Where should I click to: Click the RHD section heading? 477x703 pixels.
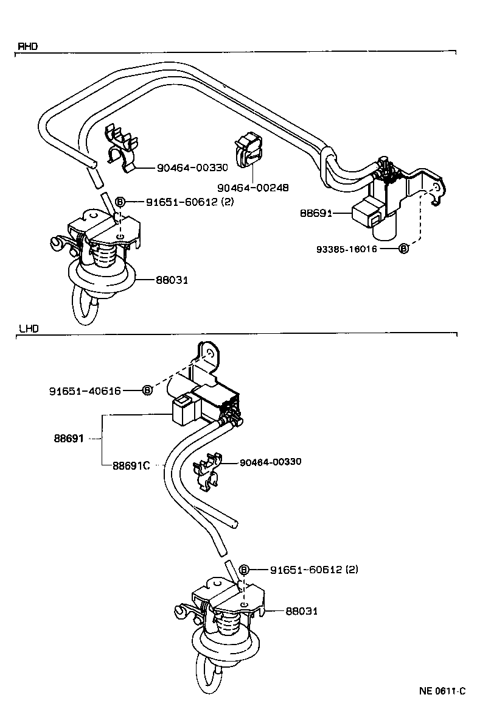(28, 46)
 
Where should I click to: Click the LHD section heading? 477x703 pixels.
(29, 328)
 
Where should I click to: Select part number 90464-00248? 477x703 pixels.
(252, 188)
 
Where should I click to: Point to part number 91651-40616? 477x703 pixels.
(86, 390)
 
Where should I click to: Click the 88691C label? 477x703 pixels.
(131, 466)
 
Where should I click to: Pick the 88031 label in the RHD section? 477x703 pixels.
(172, 280)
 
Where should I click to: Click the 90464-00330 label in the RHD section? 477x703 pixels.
(192, 168)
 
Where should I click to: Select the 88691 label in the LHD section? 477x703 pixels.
(69, 438)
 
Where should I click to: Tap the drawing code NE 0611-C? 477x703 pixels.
(442, 691)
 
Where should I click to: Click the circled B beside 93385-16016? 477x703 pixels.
(403, 249)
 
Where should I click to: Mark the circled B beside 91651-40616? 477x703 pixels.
(147, 390)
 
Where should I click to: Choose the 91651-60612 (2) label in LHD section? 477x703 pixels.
(314, 570)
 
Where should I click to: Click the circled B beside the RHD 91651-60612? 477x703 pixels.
(120, 202)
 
